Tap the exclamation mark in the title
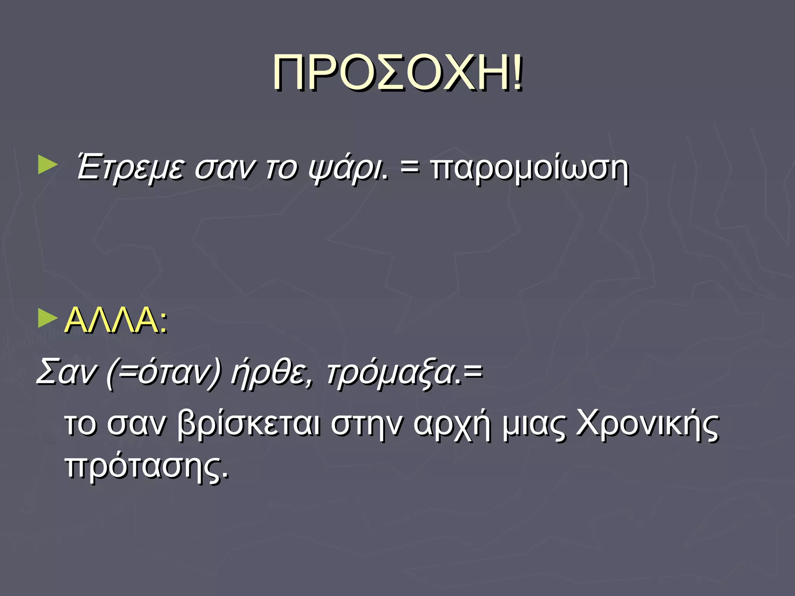click(517, 73)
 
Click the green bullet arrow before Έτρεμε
click(48, 165)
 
